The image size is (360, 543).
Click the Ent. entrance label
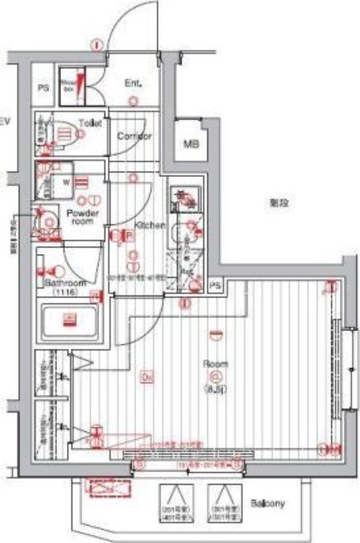tap(133, 83)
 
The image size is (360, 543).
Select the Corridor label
tap(134, 136)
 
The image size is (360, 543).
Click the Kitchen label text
tap(149, 225)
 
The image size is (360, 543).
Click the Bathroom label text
tap(65, 283)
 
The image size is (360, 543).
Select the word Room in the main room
tap(215, 364)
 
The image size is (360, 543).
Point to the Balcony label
tap(268, 503)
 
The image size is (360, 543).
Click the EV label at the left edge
tap(5, 122)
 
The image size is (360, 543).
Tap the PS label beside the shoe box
tap(43, 88)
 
